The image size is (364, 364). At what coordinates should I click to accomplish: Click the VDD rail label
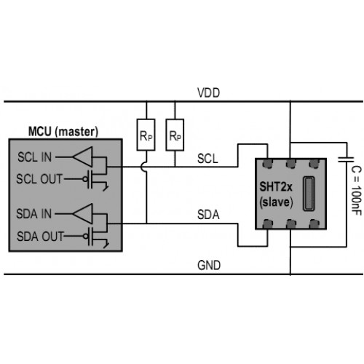(x=208, y=93)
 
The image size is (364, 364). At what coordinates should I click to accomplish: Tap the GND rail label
(x=209, y=265)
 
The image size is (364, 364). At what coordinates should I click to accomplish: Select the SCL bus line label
(x=207, y=159)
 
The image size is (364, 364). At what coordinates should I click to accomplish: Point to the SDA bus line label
(x=208, y=215)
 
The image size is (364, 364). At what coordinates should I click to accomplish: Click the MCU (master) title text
(x=63, y=132)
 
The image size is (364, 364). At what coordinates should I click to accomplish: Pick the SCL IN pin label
(x=34, y=157)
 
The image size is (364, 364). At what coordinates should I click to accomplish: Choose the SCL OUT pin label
(x=39, y=179)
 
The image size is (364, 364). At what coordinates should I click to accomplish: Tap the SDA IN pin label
(x=33, y=214)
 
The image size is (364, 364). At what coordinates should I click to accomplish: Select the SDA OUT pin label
(x=40, y=236)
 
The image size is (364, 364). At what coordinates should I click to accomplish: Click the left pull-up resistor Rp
(x=146, y=135)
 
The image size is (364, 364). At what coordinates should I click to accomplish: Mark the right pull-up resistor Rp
(x=175, y=135)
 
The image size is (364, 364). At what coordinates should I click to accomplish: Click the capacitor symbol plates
(x=347, y=159)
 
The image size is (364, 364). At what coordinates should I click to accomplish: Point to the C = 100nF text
(x=356, y=191)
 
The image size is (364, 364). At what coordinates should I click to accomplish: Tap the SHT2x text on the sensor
(x=276, y=187)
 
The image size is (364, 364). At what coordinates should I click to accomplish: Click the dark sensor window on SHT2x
(x=309, y=194)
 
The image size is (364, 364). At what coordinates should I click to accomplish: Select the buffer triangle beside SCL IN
(x=82, y=157)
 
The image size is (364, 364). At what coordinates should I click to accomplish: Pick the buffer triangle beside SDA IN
(x=82, y=214)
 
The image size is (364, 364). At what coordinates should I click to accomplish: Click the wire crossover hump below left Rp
(x=143, y=167)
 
